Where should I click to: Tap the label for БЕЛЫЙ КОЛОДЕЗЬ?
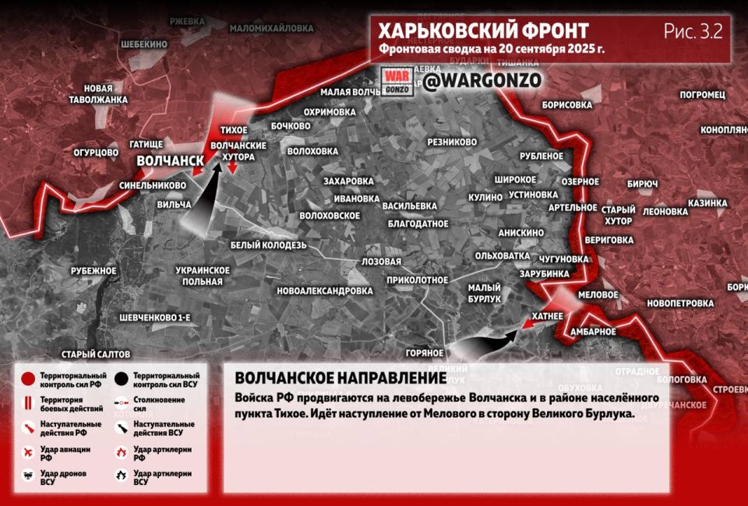pyautogui.click(x=267, y=245)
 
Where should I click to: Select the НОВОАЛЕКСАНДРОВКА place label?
pyautogui.click(x=325, y=291)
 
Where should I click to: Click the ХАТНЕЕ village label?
pyautogui.click(x=545, y=316)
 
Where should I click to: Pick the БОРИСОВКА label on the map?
pyautogui.click(x=566, y=104)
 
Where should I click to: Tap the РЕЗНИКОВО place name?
pyautogui.click(x=452, y=142)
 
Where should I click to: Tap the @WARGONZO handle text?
pyautogui.click(x=482, y=81)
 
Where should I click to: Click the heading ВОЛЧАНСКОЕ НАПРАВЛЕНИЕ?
pyautogui.click(x=340, y=378)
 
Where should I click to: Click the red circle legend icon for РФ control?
pyautogui.click(x=27, y=379)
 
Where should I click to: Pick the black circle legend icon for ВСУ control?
pyautogui.click(x=121, y=379)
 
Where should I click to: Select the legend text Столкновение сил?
pyautogui.click(x=160, y=404)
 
